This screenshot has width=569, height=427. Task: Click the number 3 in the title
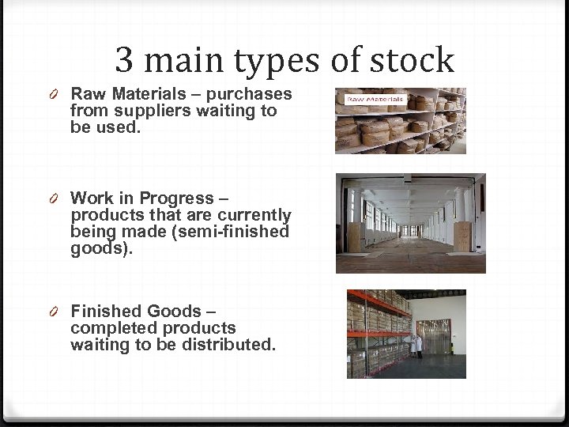[x=124, y=60]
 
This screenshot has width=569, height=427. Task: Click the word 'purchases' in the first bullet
[x=254, y=94]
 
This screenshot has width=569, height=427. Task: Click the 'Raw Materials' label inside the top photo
[x=375, y=100]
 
